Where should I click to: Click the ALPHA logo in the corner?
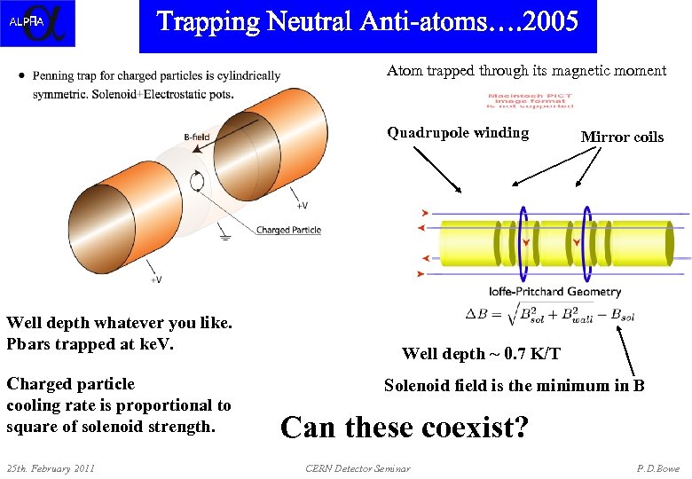[x=37, y=23]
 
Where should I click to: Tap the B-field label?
[x=196, y=137]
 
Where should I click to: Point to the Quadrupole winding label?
[x=457, y=133]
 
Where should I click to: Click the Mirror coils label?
[x=621, y=137]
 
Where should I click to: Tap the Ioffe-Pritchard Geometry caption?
[x=554, y=292]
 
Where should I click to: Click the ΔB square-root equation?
[x=550, y=313]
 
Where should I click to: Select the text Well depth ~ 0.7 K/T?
[x=481, y=354]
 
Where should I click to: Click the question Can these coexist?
[x=404, y=427]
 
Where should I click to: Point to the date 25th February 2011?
[x=51, y=467]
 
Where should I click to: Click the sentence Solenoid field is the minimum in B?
[x=514, y=385]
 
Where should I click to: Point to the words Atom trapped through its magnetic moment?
[x=526, y=71]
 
